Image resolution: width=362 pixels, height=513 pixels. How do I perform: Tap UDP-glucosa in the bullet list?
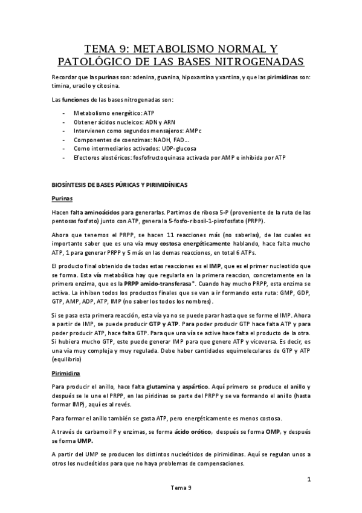(x=179, y=148)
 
